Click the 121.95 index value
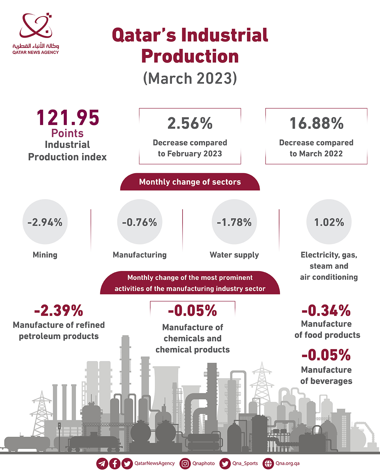(68, 118)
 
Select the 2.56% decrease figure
(190, 123)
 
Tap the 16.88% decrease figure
(316, 123)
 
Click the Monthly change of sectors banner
(190, 182)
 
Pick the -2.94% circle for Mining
(45, 222)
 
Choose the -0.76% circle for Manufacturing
(140, 222)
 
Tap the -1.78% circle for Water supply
(234, 222)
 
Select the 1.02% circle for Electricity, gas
(329, 222)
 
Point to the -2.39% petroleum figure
(59, 311)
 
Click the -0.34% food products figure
(326, 311)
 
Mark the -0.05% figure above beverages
(326, 355)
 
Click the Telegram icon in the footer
(102, 463)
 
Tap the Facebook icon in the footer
(115, 463)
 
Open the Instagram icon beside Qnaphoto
(185, 463)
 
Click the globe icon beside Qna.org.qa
(268, 463)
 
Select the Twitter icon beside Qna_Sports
(225, 463)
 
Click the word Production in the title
(190, 56)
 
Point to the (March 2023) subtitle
(190, 78)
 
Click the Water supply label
(234, 255)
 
